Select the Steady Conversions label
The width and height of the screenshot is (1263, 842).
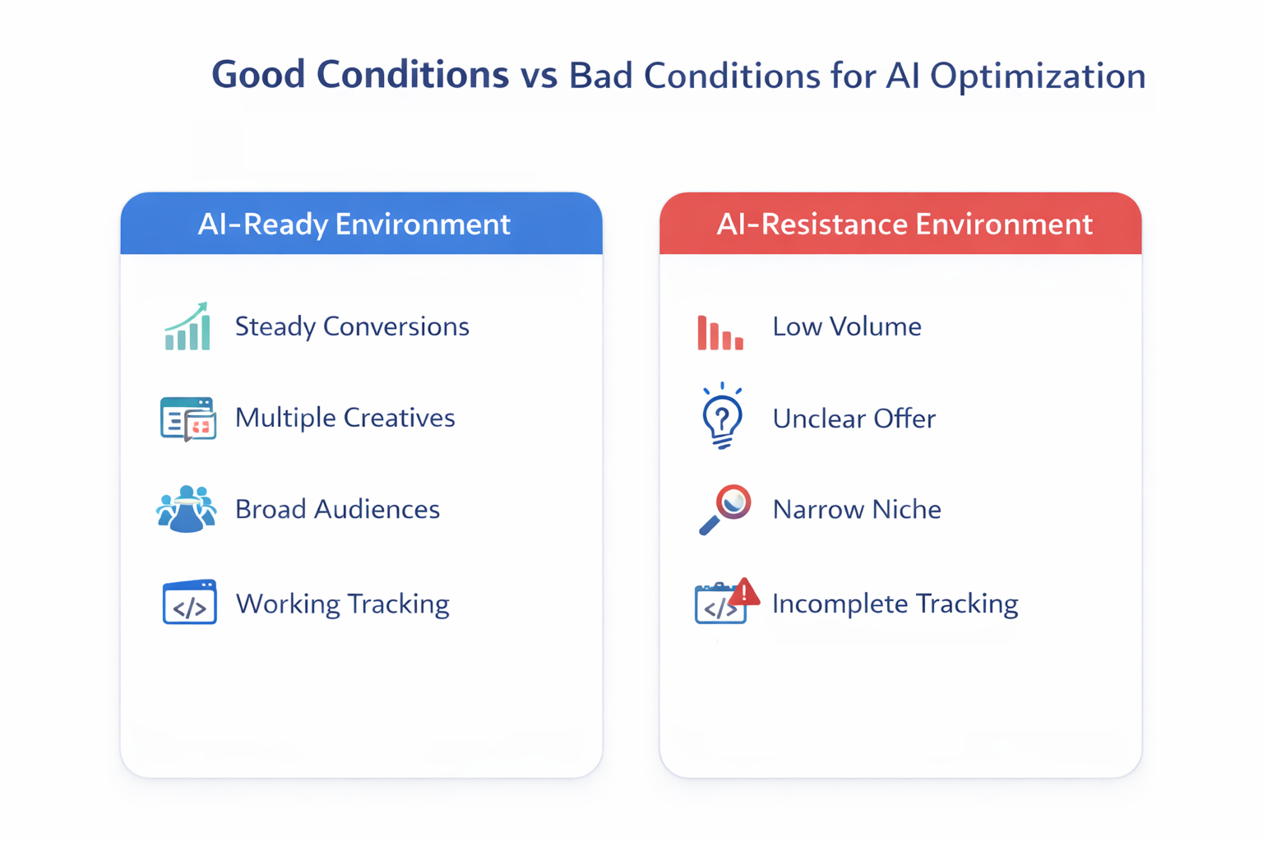coord(352,326)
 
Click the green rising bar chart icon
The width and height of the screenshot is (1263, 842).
coord(187,326)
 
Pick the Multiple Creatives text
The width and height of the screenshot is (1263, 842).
coord(345,418)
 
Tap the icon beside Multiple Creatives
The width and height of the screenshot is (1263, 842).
coord(188,419)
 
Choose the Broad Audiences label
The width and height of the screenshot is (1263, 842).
coord(337,509)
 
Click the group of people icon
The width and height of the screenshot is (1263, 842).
coord(187,509)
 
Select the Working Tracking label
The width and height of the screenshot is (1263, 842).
coord(342,604)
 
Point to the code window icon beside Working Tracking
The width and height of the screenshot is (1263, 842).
coord(189,603)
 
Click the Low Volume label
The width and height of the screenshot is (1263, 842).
coord(846,326)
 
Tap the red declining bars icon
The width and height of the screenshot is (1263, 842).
coord(720,333)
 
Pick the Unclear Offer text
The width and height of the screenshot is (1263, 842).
coord(854,419)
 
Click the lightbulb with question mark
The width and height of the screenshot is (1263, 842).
coord(722,416)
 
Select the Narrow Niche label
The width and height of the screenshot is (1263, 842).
coord(857,509)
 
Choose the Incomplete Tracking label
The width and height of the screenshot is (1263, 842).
coord(895,604)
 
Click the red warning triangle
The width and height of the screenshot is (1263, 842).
coord(744,591)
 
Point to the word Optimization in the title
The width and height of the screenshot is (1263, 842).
coord(1038,76)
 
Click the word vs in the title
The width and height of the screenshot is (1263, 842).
coord(539,76)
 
